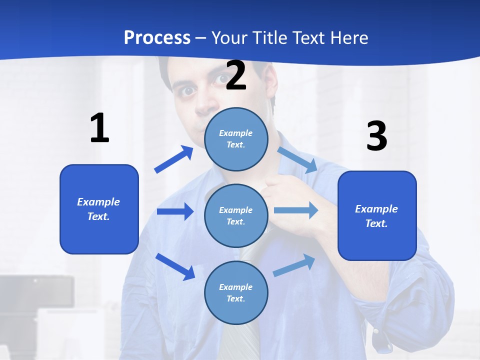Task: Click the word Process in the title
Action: click(157, 38)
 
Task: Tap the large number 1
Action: click(99, 128)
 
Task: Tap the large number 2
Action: click(236, 76)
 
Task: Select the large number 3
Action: click(376, 136)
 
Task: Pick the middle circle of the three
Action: click(236, 215)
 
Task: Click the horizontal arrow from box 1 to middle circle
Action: click(175, 211)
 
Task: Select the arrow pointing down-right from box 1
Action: click(175, 266)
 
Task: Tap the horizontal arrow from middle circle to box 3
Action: click(296, 210)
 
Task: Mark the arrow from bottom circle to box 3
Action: click(294, 265)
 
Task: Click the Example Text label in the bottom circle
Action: click(236, 293)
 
